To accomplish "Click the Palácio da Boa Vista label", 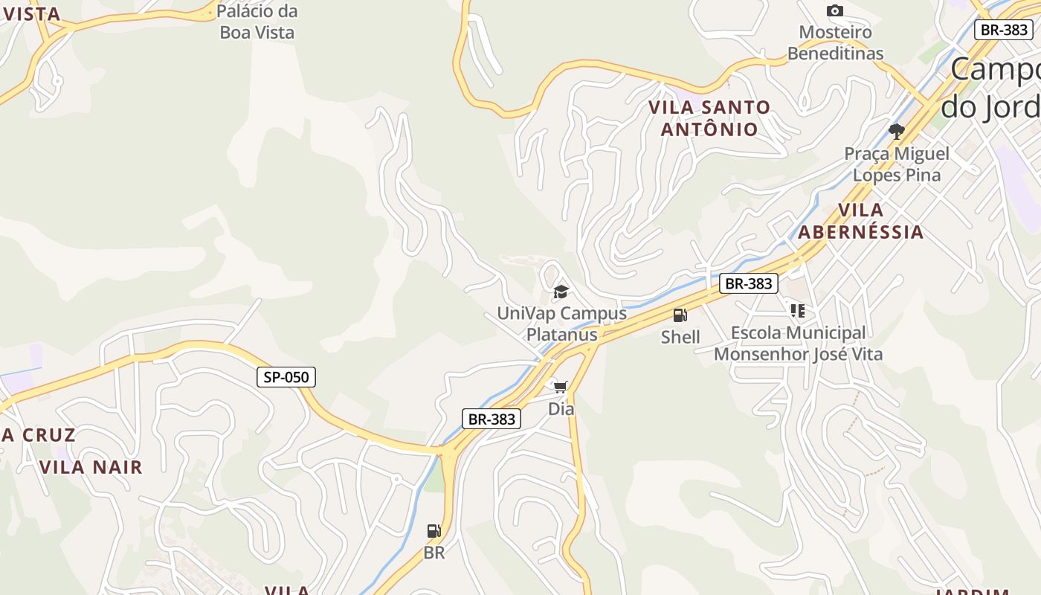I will tap(258, 22).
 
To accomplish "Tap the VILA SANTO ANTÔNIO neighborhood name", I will tap(709, 118).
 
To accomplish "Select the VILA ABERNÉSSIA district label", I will tap(861, 221).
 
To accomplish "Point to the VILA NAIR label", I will tap(91, 467).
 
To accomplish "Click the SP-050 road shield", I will tap(286, 377).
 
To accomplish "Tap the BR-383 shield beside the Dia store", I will tap(491, 419).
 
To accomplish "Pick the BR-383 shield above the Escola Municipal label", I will tap(748, 283).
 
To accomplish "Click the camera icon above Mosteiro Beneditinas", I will tap(835, 10).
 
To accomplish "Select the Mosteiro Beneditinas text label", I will tap(835, 43).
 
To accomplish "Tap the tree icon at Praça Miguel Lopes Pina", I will tap(897, 132).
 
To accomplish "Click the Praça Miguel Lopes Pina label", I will tap(897, 164).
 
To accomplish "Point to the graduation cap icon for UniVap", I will tap(561, 292).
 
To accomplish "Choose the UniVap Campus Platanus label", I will tap(561, 324).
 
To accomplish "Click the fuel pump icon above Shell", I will tap(680, 315).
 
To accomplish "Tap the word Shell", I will tap(680, 337).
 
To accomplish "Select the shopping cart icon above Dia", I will tap(561, 387).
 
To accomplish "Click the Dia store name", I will tap(561, 408).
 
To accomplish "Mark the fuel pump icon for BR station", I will tap(434, 531).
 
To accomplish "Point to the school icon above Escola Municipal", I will tap(798, 311).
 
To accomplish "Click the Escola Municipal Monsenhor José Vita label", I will tap(798, 344).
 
